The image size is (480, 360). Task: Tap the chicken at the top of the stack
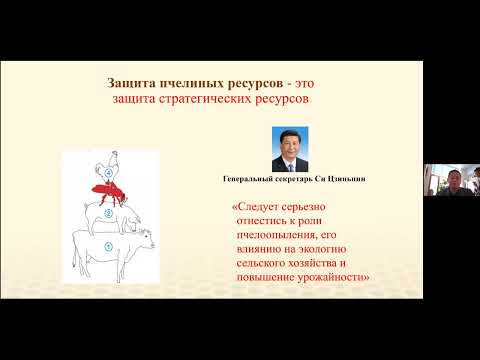109,160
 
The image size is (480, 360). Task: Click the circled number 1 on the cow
108,245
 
